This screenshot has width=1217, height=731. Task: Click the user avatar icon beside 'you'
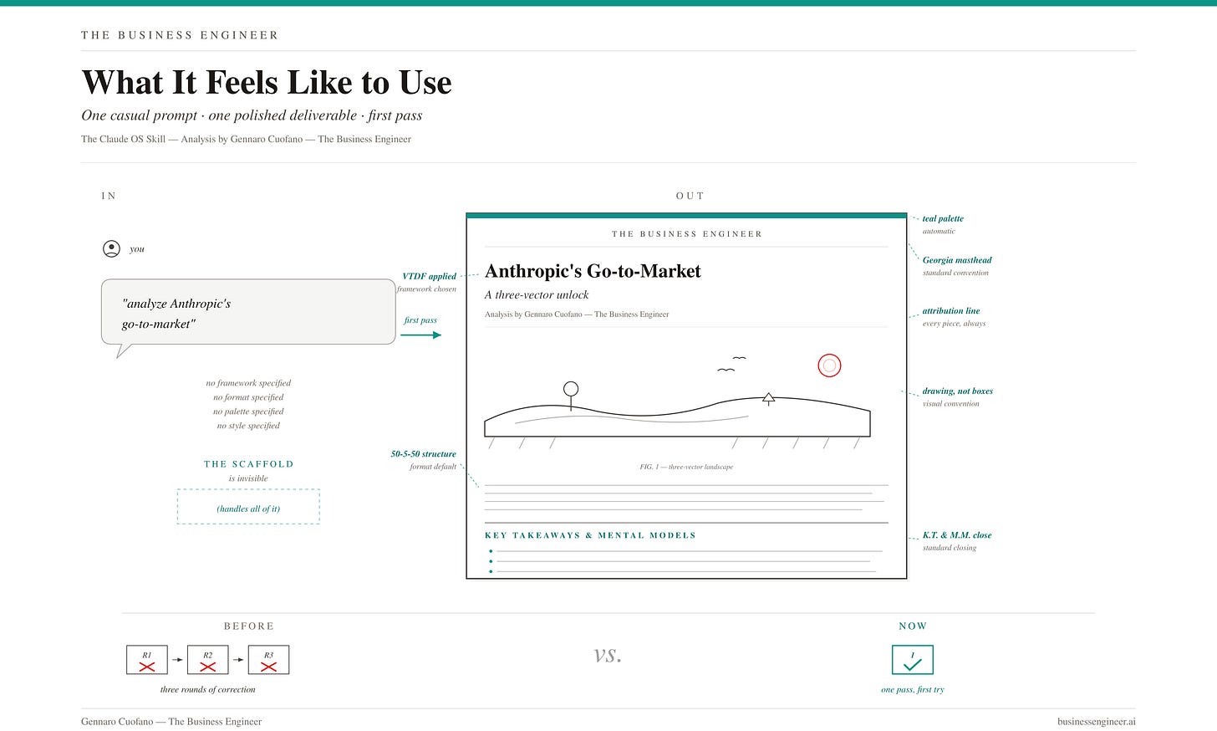[111, 249]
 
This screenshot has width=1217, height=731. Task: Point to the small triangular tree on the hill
[768, 399]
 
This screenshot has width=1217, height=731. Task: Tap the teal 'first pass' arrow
[421, 335]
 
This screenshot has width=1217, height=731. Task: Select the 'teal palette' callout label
[943, 218]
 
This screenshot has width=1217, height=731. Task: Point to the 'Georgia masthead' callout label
[957, 260]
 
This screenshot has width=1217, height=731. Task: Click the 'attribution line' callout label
[951, 311]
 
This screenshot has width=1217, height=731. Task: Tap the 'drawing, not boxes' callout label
[957, 391]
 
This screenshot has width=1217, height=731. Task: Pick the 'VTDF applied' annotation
[430, 276]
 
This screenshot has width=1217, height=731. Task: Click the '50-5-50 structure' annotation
[423, 454]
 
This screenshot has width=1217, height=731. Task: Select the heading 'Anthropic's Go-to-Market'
[593, 271]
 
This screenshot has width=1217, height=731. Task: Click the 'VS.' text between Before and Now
[608, 656]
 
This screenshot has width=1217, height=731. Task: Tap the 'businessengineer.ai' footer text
[1097, 721]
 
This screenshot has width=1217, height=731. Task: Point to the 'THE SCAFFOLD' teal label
[249, 464]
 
